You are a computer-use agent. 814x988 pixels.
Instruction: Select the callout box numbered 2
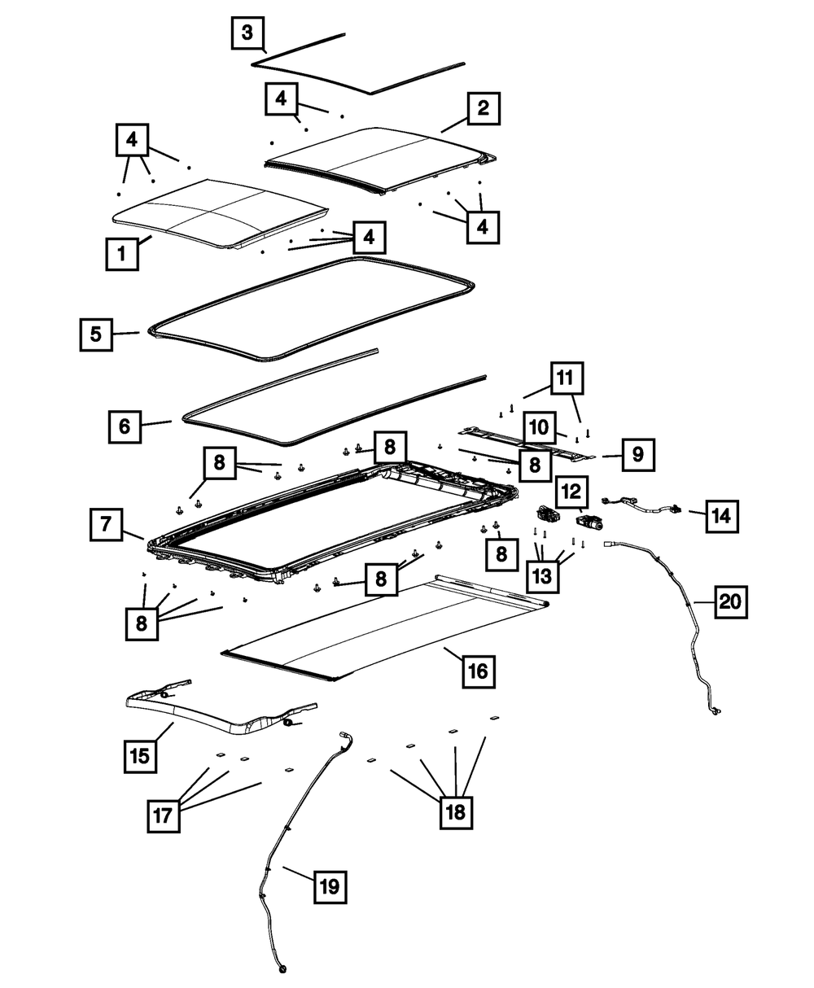[483, 108]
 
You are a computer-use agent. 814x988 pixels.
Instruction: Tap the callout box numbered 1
[122, 254]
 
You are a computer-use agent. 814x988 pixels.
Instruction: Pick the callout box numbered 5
[96, 334]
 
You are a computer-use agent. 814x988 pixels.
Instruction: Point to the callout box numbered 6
[125, 426]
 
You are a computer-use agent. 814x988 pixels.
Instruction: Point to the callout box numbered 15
[140, 756]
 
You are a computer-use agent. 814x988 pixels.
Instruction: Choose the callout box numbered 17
[164, 815]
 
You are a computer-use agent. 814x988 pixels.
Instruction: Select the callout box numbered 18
[456, 811]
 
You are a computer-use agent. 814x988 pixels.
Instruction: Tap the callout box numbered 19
[329, 886]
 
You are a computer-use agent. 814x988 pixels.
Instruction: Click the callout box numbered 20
[731, 603]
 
